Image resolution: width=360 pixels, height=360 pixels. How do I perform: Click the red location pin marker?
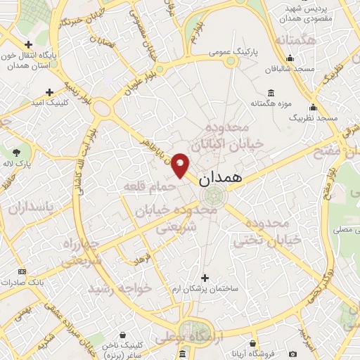click(181, 164)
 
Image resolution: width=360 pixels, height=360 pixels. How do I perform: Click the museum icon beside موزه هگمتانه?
click(271, 93)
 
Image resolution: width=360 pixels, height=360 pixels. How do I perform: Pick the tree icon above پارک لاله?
click(17, 151)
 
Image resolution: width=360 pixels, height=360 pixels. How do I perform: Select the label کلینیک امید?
click(49, 103)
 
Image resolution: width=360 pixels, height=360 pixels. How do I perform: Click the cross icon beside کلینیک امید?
click(49, 92)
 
